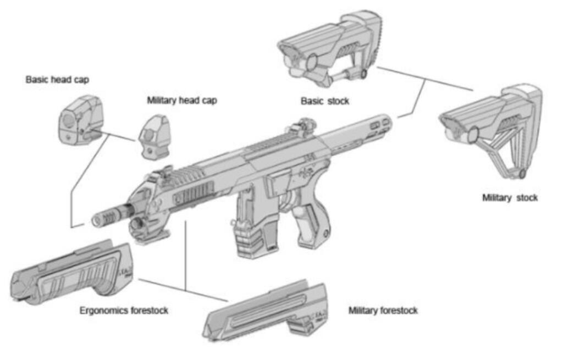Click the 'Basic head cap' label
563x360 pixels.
point(57,80)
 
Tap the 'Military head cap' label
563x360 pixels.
point(182,101)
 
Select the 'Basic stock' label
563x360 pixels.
point(324,101)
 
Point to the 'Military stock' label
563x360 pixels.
point(510,197)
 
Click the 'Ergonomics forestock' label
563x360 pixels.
point(124,311)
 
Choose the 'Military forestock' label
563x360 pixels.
point(383,311)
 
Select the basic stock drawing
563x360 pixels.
point(330,49)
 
